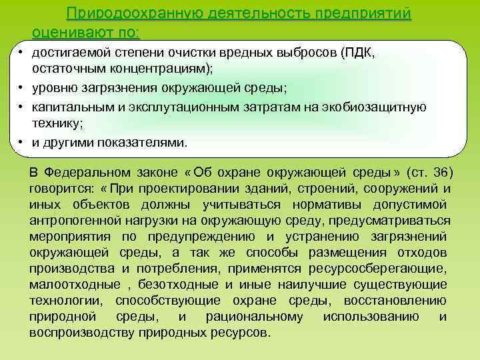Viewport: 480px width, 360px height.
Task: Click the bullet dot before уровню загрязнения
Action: (x=21, y=89)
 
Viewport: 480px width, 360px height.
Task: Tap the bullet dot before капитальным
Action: (x=21, y=108)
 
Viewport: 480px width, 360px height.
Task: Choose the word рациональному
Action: (x=254, y=316)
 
